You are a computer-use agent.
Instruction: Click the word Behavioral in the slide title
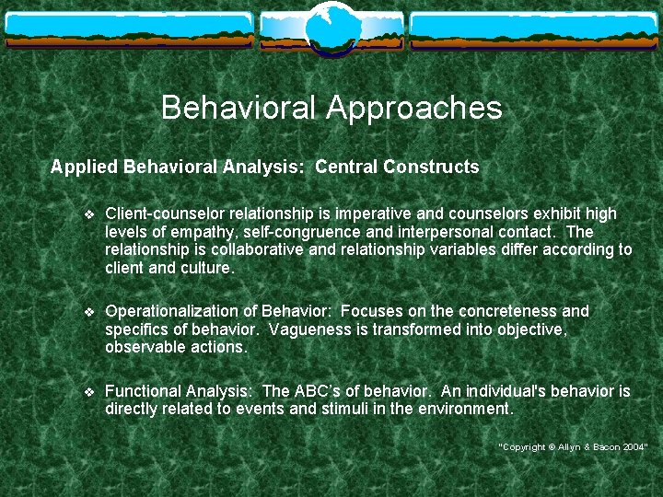pos(238,109)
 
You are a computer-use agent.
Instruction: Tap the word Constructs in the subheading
pos(431,168)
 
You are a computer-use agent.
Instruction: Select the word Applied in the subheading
pos(84,168)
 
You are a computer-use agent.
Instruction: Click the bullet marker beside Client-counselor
pos(88,214)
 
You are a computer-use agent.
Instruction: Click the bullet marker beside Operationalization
pos(88,312)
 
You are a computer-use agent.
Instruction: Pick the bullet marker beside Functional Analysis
pos(88,392)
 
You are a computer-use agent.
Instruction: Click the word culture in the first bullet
pos(207,268)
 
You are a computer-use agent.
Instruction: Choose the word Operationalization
pos(180,311)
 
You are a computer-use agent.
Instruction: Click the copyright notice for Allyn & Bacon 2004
pos(574,446)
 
